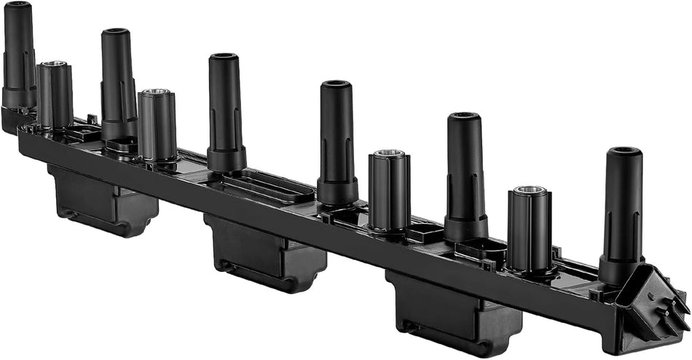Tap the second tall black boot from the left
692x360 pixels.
(117, 80)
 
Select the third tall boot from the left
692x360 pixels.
(225, 106)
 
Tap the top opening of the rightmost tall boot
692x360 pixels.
(625, 152)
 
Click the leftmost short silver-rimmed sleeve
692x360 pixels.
(55, 95)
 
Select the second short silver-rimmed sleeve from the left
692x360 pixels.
(157, 124)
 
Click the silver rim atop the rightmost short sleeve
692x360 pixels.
(530, 191)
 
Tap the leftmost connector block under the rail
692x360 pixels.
(102, 200)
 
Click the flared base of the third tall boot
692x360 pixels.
(227, 158)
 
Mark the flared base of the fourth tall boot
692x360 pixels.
(338, 191)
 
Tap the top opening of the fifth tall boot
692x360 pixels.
(464, 116)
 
